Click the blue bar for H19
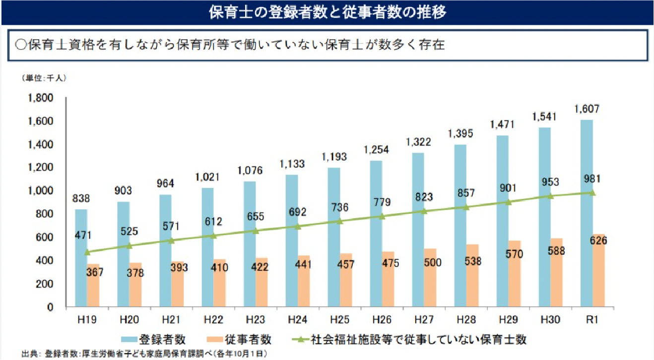(x=80, y=258)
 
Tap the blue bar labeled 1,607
(x=587, y=213)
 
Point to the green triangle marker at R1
(x=592, y=192)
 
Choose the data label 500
(x=430, y=262)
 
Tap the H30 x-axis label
(x=550, y=320)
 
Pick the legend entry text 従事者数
(x=253, y=340)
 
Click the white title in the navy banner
(x=327, y=12)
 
